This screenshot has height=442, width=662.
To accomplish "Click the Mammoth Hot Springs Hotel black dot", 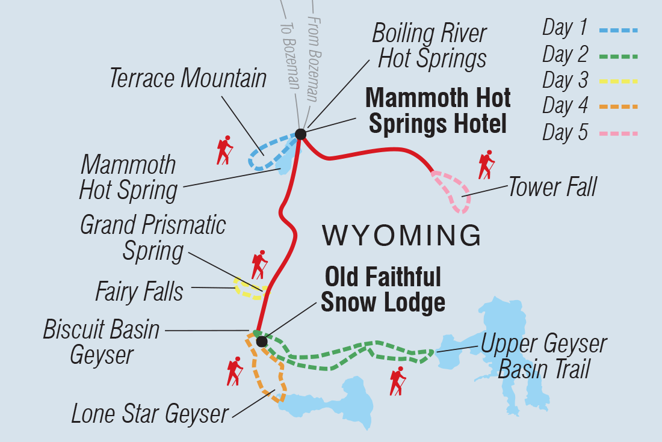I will click(x=300, y=134).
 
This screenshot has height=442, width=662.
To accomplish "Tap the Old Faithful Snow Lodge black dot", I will click(x=261, y=342).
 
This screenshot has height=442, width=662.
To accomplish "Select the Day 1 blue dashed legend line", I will click(x=618, y=29).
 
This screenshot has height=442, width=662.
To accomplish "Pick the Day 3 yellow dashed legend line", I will click(x=618, y=81).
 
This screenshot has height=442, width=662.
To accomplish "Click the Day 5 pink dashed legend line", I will click(x=618, y=133).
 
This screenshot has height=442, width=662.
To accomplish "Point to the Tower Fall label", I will click(x=552, y=188).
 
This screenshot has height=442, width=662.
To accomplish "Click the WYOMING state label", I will click(x=401, y=235).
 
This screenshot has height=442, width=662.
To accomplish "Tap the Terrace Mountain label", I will click(x=188, y=79).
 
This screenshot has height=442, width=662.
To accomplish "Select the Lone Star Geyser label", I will click(x=150, y=414).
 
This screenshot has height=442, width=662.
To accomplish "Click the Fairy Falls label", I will click(x=139, y=292).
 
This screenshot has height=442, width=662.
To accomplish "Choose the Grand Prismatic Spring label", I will click(x=153, y=238).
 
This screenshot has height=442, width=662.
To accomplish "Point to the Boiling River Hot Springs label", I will click(x=429, y=46).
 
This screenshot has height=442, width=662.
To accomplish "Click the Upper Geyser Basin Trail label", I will click(x=543, y=356).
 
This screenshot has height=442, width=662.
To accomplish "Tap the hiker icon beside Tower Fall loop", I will click(x=486, y=165).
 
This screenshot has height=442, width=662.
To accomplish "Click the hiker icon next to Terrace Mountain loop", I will click(x=224, y=151).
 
